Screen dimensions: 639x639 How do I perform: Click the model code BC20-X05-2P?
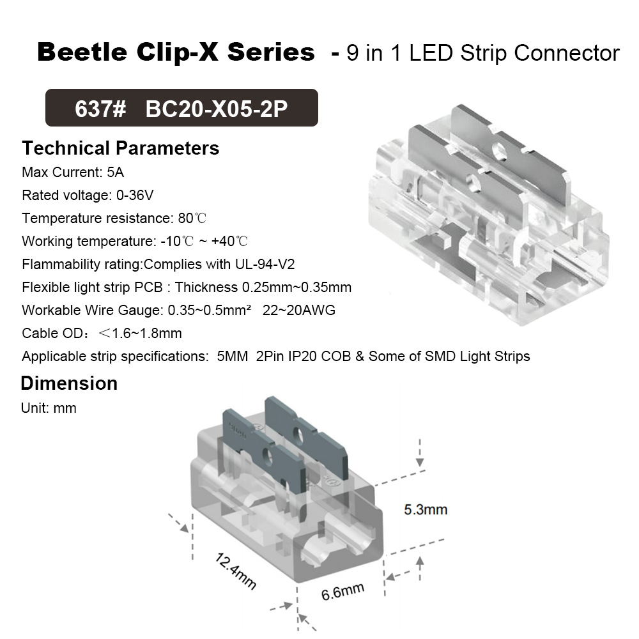217,108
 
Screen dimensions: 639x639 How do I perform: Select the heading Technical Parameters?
120,148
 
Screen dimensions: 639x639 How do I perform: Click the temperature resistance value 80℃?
192,218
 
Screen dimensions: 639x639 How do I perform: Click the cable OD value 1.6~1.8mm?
146,333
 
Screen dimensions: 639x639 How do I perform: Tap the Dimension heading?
69,383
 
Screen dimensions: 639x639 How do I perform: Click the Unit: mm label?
49,408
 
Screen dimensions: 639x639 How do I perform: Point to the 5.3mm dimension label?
426,509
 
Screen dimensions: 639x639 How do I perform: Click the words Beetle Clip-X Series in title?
176,52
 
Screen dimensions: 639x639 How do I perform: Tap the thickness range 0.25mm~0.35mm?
296,287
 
